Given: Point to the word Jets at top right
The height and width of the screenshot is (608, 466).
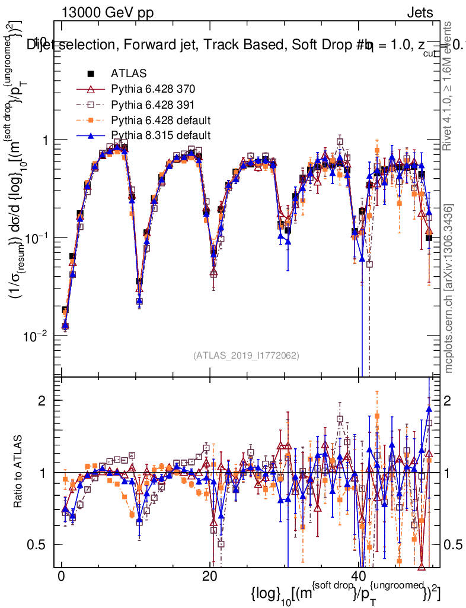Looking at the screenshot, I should pos(420,12).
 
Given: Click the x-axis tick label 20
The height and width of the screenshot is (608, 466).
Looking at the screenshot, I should pos(209,577).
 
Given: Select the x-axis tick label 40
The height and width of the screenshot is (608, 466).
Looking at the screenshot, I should pos(358,577).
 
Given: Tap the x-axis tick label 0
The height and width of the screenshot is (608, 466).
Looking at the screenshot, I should pos(61,577).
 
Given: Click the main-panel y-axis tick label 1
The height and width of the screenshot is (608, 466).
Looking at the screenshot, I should pos(46,140).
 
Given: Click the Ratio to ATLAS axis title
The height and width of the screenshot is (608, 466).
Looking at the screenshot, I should pos(20,472).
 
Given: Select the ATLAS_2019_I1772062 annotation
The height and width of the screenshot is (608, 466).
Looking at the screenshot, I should pos(246,356).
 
